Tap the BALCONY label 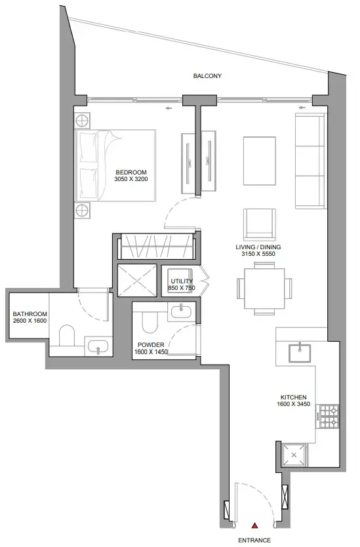tap(207, 75)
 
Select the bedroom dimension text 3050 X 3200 tap(130, 179)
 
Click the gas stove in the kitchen tap(329, 416)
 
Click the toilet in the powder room tap(150, 322)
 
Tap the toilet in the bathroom tap(67, 336)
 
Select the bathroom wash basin tap(98, 346)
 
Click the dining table tap(264, 289)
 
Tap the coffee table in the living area tap(259, 161)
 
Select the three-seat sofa tap(310, 161)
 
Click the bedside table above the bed tap(83, 121)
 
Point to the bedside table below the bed tap(83, 211)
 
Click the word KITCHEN tap(293, 397)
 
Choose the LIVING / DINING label tap(258, 247)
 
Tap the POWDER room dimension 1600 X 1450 tap(151, 352)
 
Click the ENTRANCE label tap(254, 540)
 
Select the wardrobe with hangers tap(156, 247)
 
